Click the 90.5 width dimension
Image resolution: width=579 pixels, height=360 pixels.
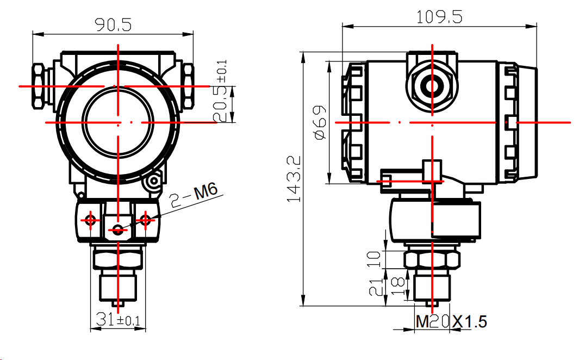[x=113, y=24]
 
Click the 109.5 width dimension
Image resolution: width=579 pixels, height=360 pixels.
[x=439, y=17]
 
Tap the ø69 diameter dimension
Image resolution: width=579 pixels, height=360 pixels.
[x=321, y=122]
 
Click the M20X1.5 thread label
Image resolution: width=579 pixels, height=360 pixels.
[x=451, y=321]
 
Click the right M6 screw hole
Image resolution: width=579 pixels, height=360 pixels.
[x=145, y=220]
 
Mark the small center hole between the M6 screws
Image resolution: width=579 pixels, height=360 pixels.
[x=117, y=230]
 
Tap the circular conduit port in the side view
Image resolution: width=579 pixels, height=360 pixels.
[x=432, y=86]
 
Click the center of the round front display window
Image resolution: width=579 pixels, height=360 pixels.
[x=118, y=123]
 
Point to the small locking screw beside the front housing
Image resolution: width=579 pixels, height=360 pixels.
[x=153, y=181]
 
